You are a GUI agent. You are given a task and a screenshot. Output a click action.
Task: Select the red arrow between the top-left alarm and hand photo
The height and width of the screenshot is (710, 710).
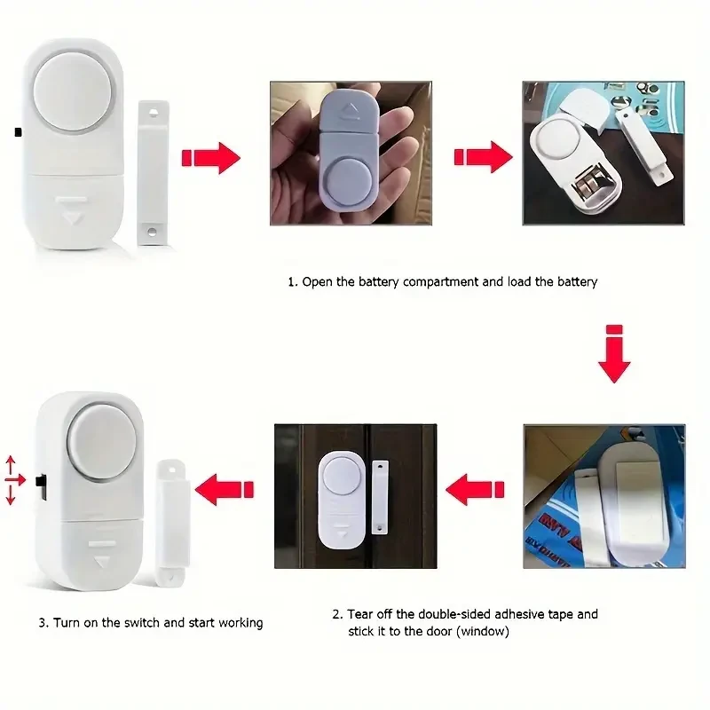click(211, 158)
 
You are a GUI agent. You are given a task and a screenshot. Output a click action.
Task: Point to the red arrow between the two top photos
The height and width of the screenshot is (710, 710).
click(484, 158)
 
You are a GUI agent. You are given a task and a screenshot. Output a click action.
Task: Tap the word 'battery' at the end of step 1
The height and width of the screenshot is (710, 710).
click(577, 281)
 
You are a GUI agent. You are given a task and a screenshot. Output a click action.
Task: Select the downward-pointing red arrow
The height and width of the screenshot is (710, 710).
click(613, 354)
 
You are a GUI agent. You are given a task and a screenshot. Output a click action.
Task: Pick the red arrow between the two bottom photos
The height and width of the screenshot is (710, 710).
click(474, 487)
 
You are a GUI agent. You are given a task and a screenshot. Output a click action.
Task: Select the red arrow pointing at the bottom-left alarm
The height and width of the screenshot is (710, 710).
click(224, 486)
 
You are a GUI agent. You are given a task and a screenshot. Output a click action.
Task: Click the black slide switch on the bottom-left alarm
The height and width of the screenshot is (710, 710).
click(40, 485)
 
